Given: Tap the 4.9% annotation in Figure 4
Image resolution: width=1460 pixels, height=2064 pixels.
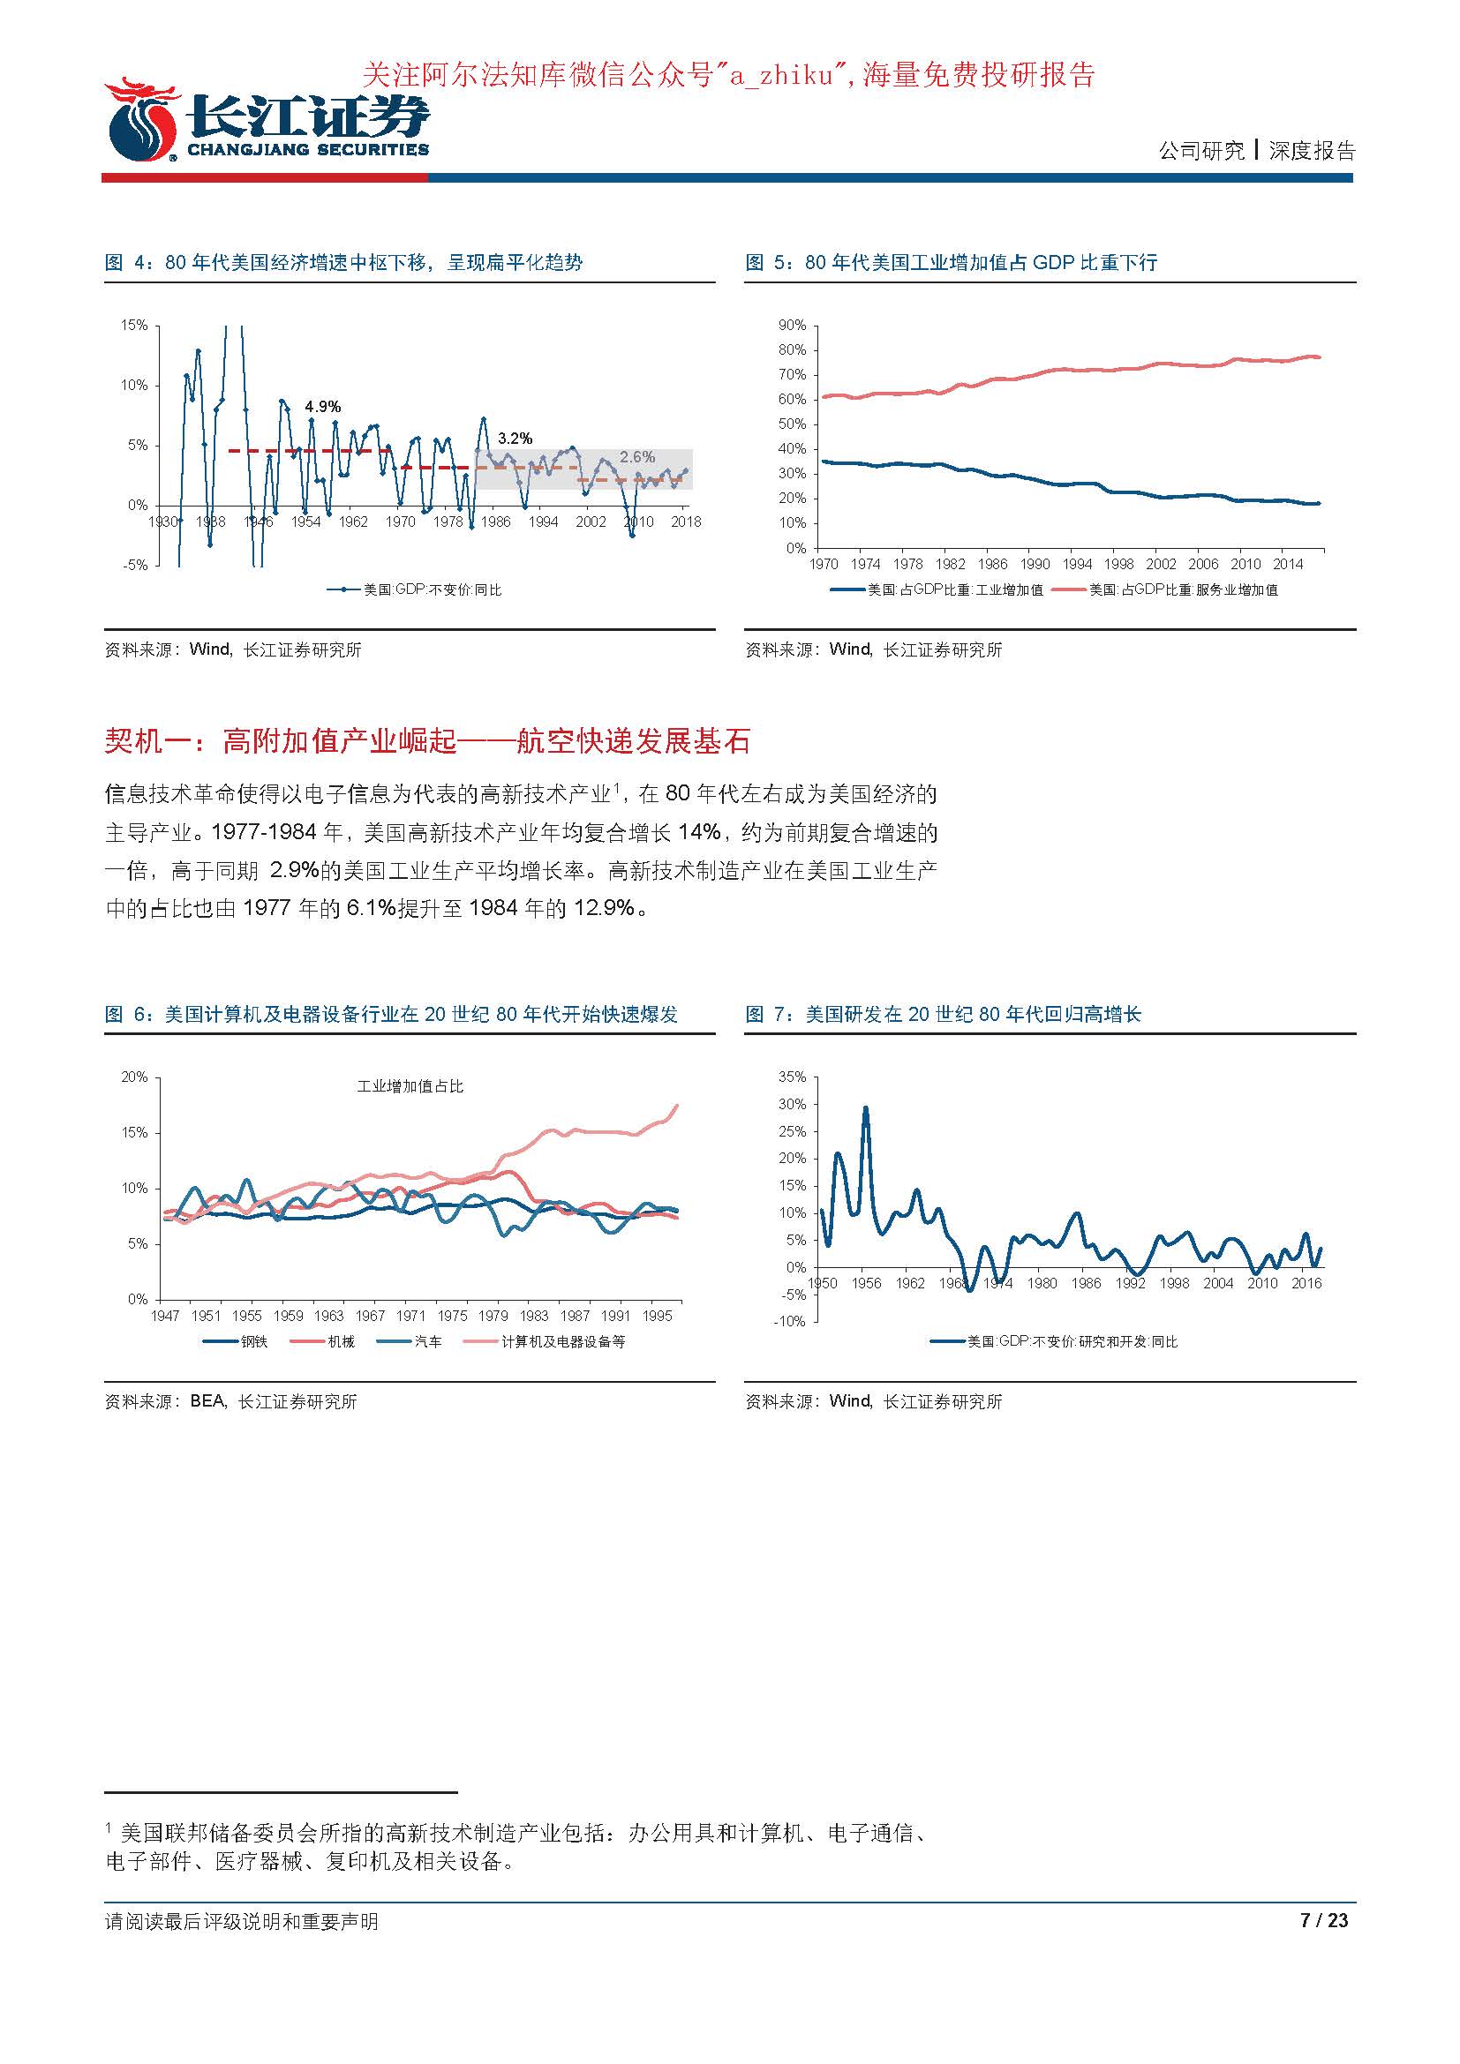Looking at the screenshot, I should pyautogui.click(x=323, y=407).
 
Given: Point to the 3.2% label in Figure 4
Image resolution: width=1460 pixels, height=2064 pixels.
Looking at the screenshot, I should pyautogui.click(x=516, y=439).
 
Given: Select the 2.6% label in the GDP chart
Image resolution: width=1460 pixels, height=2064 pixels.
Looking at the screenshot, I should pyautogui.click(x=637, y=457).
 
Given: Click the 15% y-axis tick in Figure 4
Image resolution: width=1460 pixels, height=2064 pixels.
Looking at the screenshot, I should pyautogui.click(x=134, y=326).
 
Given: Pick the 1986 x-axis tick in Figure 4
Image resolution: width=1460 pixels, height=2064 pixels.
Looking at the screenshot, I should pyautogui.click(x=495, y=522).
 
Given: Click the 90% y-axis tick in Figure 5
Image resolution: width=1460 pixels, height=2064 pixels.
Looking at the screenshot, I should pyautogui.click(x=792, y=326).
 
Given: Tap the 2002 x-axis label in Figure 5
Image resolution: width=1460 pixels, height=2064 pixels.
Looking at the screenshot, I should pyautogui.click(x=1161, y=564).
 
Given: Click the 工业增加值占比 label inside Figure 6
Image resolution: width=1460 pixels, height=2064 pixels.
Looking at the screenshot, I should pyautogui.click(x=410, y=1086).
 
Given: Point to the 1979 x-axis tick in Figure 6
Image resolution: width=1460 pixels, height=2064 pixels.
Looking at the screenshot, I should pyautogui.click(x=493, y=1315).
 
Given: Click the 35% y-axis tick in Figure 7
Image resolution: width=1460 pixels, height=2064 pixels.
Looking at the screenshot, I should pyautogui.click(x=792, y=1077).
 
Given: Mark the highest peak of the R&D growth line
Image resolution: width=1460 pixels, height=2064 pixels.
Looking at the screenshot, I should pyautogui.click(x=866, y=1107).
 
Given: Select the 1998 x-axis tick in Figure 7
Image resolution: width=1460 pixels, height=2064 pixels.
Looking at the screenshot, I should pyautogui.click(x=1174, y=1283).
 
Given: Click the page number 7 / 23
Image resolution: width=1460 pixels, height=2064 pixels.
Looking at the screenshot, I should pyautogui.click(x=1324, y=1921).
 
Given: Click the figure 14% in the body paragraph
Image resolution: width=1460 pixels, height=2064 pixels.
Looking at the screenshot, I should pyautogui.click(x=698, y=832).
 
